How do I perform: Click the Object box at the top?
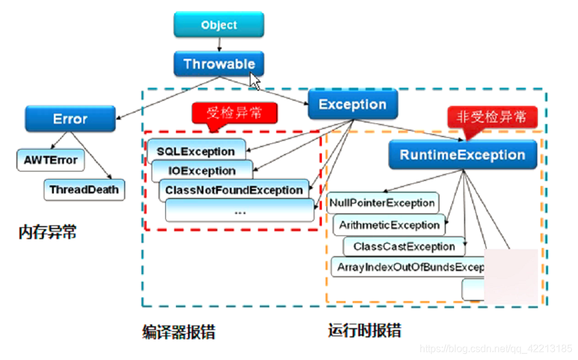[x=219, y=25]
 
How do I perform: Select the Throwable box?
[x=219, y=64]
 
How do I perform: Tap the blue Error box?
[x=70, y=119]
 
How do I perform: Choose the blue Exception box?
[x=353, y=105]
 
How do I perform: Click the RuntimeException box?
[x=463, y=155]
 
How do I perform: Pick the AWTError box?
[x=51, y=160]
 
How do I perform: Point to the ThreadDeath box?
[x=83, y=190]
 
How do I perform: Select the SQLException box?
[x=196, y=152]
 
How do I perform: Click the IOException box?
[x=202, y=171]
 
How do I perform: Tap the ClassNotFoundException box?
[x=234, y=190]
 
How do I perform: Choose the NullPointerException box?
[x=382, y=203]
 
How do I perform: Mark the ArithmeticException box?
[x=390, y=225]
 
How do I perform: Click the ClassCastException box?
[x=404, y=247]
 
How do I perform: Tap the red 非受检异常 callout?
[x=492, y=116]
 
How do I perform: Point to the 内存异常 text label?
[x=48, y=233]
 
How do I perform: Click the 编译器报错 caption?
[x=178, y=332]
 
